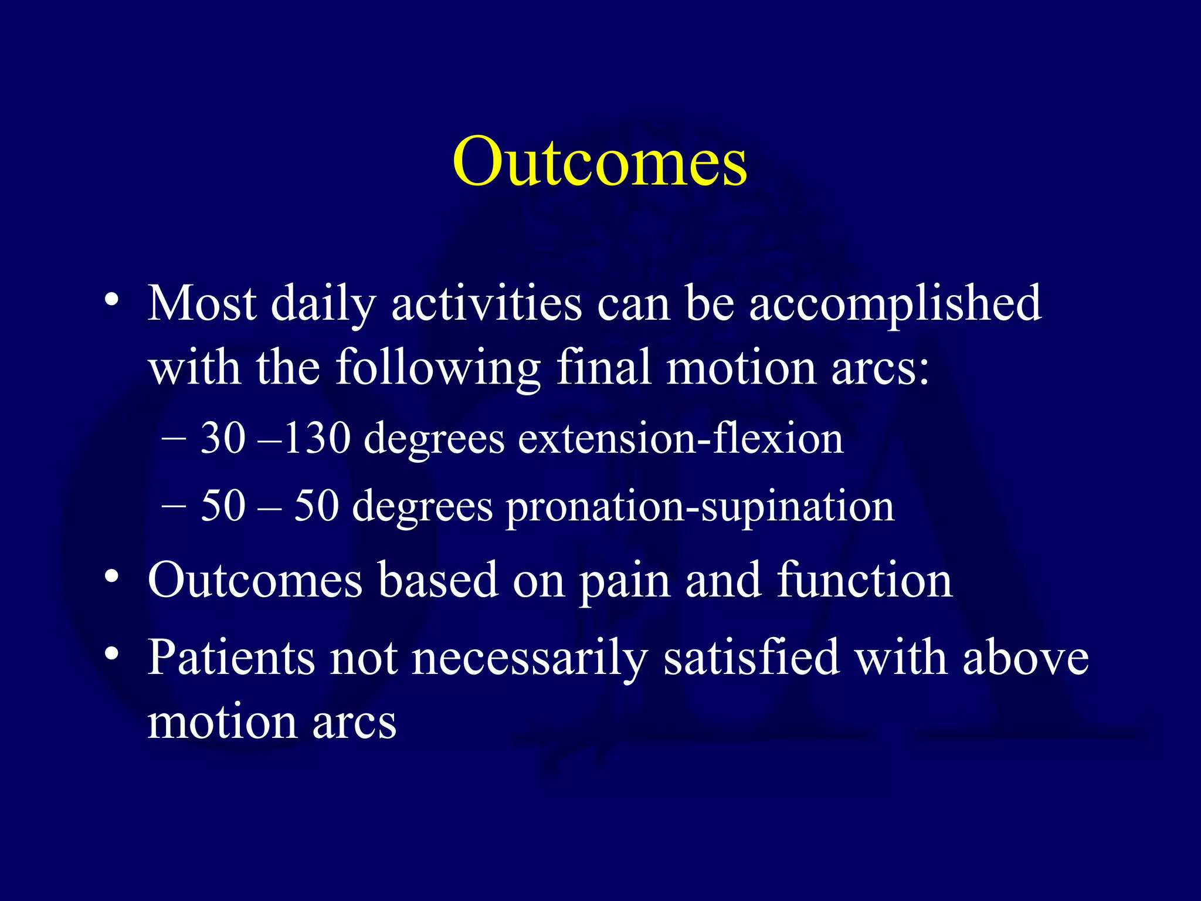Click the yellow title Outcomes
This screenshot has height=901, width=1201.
(599, 161)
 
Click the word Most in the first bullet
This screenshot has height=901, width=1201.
(202, 303)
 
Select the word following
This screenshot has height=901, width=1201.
(437, 368)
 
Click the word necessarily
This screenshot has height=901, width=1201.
(530, 658)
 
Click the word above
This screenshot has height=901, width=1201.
(1025, 658)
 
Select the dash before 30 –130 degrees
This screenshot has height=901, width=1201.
(174, 439)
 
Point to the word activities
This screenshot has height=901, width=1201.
(486, 303)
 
